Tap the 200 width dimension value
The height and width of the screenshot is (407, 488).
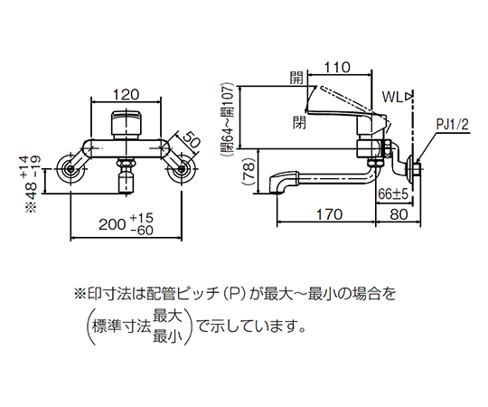tap(112, 223)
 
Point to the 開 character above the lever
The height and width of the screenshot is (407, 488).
tap(297, 80)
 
